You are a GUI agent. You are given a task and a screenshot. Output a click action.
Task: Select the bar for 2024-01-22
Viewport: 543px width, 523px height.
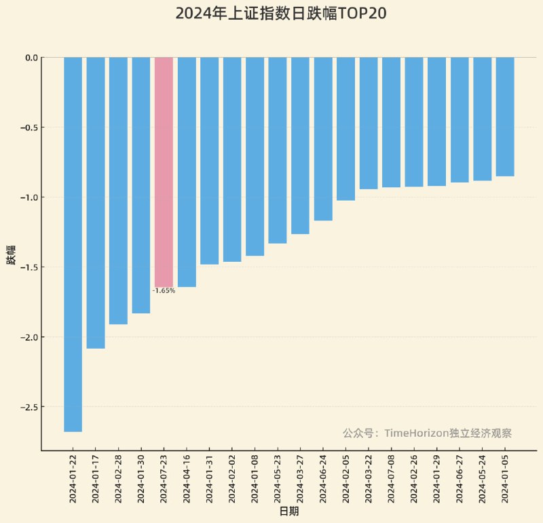73,244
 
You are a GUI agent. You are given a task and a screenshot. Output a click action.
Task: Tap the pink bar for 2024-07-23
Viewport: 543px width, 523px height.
164,172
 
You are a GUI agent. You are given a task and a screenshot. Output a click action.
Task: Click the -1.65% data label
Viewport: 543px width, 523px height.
164,291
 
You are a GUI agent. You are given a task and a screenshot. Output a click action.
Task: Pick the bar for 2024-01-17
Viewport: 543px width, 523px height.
96,203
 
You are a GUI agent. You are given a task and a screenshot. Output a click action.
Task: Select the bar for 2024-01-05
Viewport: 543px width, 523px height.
505,117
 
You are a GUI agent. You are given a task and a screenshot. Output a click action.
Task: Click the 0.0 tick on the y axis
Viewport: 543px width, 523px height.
31,58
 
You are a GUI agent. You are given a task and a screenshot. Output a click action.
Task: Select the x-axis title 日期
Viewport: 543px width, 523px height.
289,511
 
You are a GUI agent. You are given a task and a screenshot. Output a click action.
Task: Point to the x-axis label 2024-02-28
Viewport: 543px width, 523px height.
119,478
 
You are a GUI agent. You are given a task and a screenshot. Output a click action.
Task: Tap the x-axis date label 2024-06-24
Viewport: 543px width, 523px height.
323,478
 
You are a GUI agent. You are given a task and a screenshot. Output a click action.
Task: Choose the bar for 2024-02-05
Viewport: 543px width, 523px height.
345,129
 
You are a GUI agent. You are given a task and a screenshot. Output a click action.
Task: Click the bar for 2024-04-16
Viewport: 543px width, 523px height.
187,172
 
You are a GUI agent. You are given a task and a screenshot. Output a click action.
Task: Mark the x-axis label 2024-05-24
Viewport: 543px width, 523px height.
483,478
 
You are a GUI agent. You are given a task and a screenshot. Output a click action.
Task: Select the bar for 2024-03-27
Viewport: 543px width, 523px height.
300,146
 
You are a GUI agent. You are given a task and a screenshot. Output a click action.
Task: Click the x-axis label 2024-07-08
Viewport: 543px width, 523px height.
392,478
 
